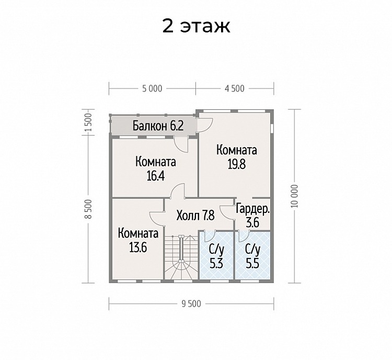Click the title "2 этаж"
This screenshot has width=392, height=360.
[196, 26]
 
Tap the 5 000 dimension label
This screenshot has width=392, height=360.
[152, 88]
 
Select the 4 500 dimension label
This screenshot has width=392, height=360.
[235, 88]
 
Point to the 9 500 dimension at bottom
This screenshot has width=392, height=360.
[191, 303]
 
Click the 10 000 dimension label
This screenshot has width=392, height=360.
[294, 196]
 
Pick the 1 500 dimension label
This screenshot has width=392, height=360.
[88, 122]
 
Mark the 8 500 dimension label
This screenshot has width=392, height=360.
[88, 209]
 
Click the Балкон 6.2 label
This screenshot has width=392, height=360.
[158, 126]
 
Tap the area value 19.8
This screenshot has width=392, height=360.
[237, 164]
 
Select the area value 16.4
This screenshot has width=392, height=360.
[156, 176]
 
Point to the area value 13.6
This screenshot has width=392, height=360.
[138, 248]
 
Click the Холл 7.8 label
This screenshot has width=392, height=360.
[195, 215]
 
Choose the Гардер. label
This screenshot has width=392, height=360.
[253, 209]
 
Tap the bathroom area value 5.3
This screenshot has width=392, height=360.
[216, 264]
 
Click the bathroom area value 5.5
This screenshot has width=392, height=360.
[252, 264]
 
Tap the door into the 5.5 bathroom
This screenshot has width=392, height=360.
[244, 236]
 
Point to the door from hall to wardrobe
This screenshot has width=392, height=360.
[227, 212]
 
